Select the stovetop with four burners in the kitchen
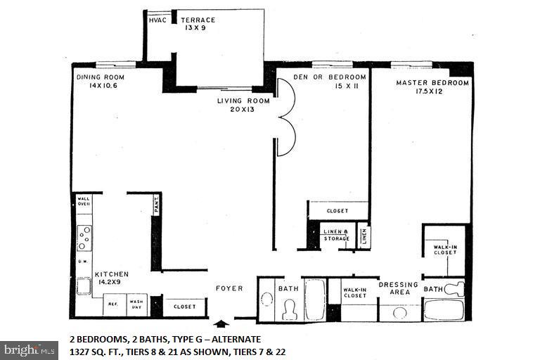[x=84, y=238]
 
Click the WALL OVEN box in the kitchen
[x=84, y=202]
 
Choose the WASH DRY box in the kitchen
[x=136, y=306]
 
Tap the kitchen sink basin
[x=83, y=286]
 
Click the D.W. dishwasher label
[x=82, y=262]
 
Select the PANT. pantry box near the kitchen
[x=156, y=206]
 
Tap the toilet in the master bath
[x=455, y=288]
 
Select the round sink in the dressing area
[x=401, y=311]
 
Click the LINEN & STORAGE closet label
[x=335, y=235]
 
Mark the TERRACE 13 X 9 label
[x=197, y=23]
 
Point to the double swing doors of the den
[x=285, y=116]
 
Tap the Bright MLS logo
[x=30, y=349]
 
